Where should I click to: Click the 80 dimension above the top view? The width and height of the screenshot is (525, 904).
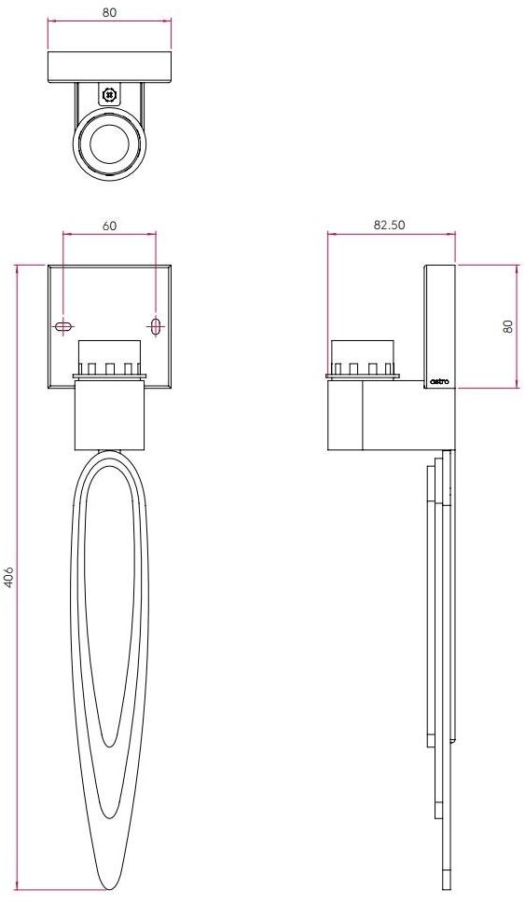(x=110, y=13)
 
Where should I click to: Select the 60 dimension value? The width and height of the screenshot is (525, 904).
(x=109, y=226)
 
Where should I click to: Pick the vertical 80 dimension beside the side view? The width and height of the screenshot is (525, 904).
(x=508, y=326)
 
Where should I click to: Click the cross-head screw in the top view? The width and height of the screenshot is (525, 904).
(x=110, y=94)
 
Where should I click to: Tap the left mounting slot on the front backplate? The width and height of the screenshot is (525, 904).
(x=63, y=326)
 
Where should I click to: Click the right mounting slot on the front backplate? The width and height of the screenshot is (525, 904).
(x=156, y=326)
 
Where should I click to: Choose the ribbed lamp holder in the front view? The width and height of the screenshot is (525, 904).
(x=109, y=359)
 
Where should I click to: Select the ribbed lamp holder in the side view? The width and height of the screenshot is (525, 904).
(x=363, y=359)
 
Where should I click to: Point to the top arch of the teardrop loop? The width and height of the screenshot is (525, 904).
(x=109, y=455)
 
